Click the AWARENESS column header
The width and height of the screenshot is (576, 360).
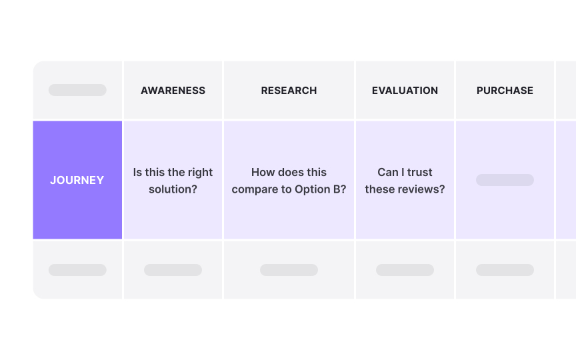pyautogui.click(x=173, y=91)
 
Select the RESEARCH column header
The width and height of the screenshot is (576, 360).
pyautogui.click(x=289, y=91)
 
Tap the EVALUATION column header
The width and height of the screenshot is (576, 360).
pyautogui.click(x=405, y=91)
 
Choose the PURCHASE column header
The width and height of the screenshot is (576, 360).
pyautogui.click(x=505, y=91)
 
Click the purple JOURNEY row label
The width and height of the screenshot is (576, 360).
pyautogui.click(x=77, y=180)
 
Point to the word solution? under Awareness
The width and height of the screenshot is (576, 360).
pyautogui.click(x=173, y=189)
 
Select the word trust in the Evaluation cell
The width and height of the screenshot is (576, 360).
pyautogui.click(x=419, y=172)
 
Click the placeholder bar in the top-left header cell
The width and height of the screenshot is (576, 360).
pyautogui.click(x=77, y=90)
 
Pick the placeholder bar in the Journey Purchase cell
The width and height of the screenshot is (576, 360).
pyautogui.click(x=505, y=180)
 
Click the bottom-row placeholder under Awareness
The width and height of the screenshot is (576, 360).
pyautogui.click(x=173, y=270)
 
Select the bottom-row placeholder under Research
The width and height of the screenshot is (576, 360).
pyautogui.click(x=289, y=270)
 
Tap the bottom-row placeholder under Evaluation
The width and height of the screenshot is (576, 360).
pyautogui.click(x=405, y=270)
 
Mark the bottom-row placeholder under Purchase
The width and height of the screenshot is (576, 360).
pyautogui.click(x=505, y=270)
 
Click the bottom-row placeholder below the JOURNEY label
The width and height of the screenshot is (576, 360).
pyautogui.click(x=77, y=270)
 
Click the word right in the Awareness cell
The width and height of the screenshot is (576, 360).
pyautogui.click(x=200, y=173)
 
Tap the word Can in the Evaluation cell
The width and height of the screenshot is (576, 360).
pyautogui.click(x=387, y=172)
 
